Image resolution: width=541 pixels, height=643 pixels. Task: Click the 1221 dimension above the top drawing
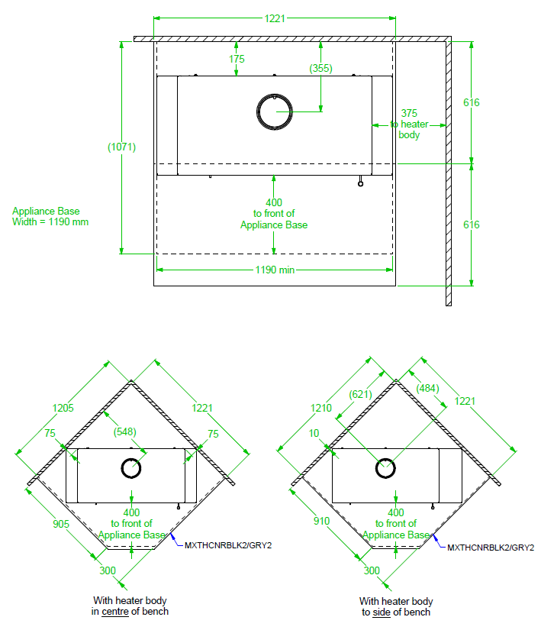275,18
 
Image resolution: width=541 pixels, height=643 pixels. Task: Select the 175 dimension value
236,59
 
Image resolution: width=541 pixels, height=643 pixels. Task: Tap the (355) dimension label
320,68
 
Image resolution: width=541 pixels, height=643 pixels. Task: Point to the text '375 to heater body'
409,124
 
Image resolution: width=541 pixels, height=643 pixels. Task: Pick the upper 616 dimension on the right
471,102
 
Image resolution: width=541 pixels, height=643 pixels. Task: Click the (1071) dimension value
121,147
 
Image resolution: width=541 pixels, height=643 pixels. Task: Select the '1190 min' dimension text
274,270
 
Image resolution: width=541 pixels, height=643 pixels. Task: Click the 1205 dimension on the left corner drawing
63,408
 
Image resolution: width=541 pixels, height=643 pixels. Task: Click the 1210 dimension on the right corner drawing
322,408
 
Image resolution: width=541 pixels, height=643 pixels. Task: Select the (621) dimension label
361,394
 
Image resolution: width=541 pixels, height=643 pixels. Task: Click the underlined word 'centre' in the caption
117,612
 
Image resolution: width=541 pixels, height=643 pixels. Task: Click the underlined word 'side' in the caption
382,612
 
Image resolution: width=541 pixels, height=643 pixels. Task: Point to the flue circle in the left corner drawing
133,467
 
